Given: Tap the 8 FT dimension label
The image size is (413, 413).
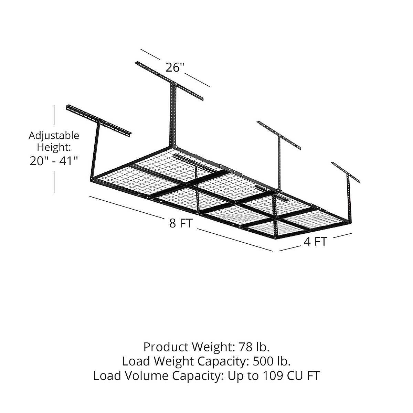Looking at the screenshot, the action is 180,223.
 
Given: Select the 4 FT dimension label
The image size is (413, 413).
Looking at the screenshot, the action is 315,242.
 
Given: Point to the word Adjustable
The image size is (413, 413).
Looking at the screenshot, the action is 54,136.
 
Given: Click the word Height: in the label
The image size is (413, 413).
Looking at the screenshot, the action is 54,148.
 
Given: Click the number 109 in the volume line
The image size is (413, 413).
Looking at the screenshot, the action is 274,376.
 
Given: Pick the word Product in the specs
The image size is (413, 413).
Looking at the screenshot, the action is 166,346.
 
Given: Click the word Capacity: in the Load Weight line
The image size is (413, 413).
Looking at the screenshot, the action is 223,361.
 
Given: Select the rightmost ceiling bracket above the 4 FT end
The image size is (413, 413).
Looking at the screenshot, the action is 346,172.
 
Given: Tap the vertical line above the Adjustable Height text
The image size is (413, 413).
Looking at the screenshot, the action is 54,115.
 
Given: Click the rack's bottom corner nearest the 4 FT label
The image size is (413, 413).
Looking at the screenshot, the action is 276,237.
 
